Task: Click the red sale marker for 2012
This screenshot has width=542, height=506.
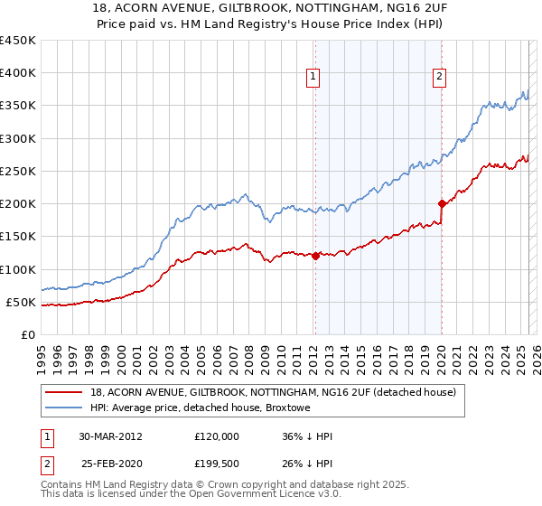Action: [x=315, y=256]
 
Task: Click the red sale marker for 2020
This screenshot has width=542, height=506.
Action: [x=442, y=203]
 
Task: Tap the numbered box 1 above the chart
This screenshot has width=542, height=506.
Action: [x=313, y=78]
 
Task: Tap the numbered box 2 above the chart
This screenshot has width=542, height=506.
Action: [x=439, y=78]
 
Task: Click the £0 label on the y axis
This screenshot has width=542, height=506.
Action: [x=27, y=334]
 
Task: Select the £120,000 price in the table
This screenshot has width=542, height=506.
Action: [x=217, y=436]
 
